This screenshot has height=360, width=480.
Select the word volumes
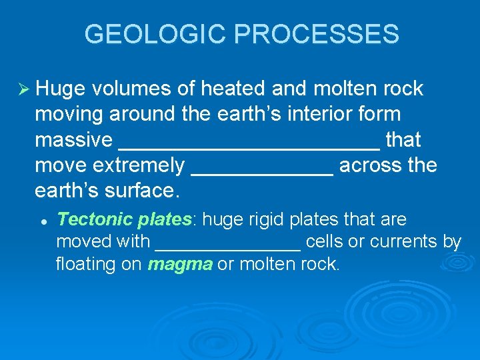[x=132, y=89]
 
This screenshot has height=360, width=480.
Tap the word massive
[x=73, y=140]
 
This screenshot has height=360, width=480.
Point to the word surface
[x=142, y=191]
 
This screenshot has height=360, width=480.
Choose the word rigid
[x=284, y=219]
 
